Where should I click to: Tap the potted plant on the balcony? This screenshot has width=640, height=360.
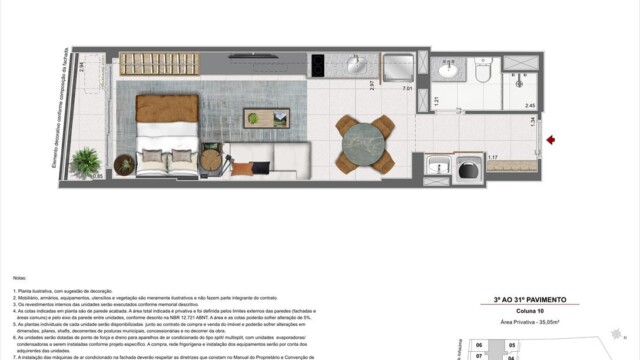pos(87,162)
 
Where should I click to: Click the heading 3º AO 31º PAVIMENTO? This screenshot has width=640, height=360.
pos(535,299)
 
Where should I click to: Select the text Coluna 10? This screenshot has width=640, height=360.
pos(535,310)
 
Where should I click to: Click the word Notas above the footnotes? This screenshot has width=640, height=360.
pos(19,277)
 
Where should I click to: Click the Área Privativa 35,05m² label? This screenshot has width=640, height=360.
pos(535,321)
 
